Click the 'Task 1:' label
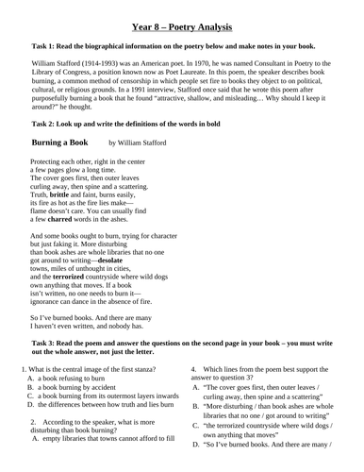coord(47,44)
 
